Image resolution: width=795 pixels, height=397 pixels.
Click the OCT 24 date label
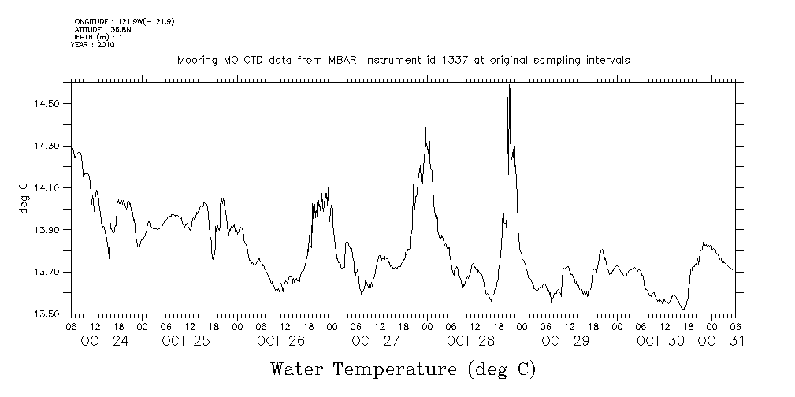coord(104,341)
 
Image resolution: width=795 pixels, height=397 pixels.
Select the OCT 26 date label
coord(280,341)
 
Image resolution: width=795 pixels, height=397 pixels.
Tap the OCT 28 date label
coord(470,341)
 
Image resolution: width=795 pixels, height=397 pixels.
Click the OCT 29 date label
coord(565,341)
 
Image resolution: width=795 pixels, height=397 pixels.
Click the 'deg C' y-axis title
coord(24,198)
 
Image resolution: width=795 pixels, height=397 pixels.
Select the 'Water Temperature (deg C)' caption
coord(403,369)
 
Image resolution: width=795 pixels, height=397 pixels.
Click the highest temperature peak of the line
coord(509,86)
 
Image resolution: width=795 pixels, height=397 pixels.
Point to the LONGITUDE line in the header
coord(122,22)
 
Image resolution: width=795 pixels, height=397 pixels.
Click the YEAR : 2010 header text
coord(93,45)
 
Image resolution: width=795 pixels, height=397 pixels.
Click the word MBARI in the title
coord(352,60)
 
